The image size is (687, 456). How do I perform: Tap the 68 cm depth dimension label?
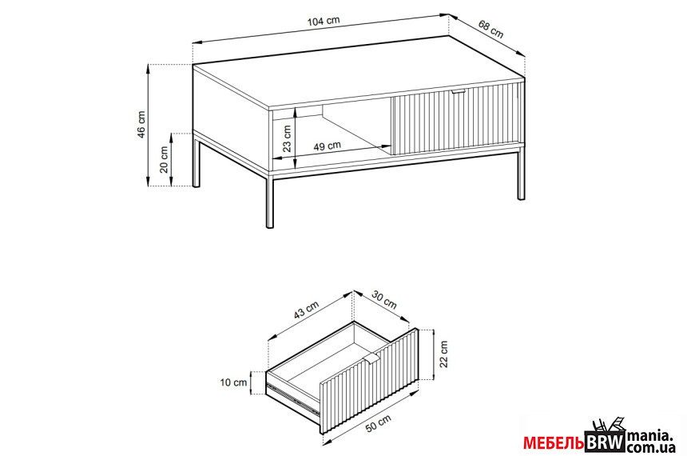490,29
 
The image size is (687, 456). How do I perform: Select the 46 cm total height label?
141,125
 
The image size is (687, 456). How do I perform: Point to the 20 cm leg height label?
164,160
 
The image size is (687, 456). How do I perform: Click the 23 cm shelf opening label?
287,138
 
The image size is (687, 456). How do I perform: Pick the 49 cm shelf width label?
327,146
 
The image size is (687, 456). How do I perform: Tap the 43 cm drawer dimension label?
306,310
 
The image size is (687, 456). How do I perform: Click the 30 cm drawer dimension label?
384,300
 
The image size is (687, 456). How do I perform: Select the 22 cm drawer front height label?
444,354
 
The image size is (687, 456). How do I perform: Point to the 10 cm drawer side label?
233,382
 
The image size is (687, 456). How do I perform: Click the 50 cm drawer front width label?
378,424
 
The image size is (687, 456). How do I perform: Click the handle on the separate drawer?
371,358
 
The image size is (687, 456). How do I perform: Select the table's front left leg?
270,202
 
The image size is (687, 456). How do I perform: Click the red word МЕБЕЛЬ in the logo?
554,444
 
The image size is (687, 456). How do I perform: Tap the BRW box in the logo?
605,442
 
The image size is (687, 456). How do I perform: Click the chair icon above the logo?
609,425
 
